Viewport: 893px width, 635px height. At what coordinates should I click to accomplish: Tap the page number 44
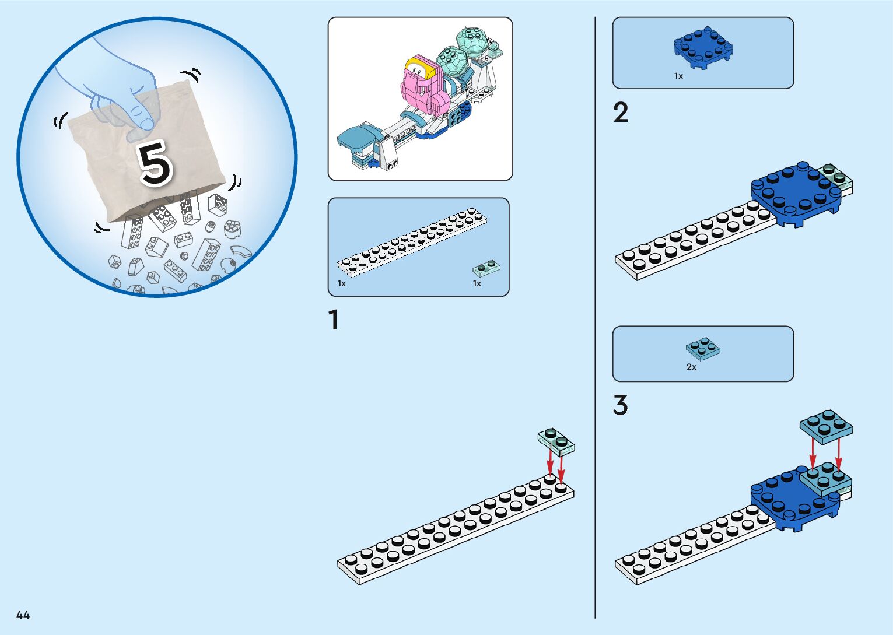[x=23, y=615]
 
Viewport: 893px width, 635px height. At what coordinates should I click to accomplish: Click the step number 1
[x=333, y=320]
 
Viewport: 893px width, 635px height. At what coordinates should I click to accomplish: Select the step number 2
[x=621, y=113]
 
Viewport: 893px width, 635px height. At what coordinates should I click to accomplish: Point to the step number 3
[x=621, y=405]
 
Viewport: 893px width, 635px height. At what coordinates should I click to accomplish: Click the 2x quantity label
[x=691, y=367]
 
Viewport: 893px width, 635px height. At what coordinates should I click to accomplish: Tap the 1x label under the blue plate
[x=678, y=76]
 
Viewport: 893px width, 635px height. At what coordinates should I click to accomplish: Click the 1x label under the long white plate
[x=342, y=283]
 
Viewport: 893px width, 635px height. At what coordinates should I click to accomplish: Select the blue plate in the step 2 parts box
[x=703, y=47]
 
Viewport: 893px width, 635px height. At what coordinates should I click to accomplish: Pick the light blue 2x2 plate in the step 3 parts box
[x=703, y=349]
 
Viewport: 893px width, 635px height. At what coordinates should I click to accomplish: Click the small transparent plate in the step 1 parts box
[x=486, y=268]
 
